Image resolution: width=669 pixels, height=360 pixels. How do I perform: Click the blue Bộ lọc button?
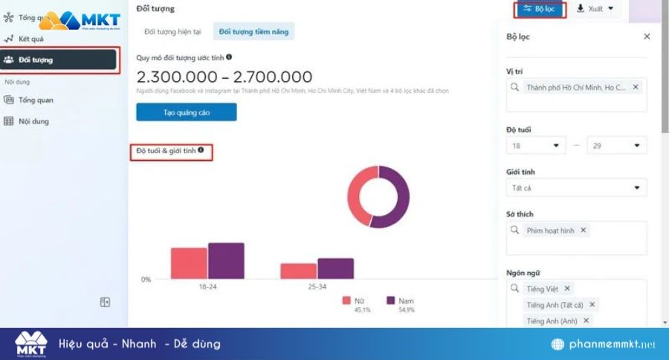[x=540, y=9]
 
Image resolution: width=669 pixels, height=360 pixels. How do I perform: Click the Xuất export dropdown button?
[x=595, y=9]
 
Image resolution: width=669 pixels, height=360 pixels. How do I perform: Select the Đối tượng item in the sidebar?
[x=59, y=60]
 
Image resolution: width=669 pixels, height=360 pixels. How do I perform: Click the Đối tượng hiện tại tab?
[x=173, y=31]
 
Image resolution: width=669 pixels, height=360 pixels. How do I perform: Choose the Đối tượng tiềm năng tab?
[x=253, y=31]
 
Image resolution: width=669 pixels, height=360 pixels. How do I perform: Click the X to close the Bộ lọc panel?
[x=647, y=36]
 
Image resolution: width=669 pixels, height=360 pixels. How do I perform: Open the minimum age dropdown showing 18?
[x=536, y=146]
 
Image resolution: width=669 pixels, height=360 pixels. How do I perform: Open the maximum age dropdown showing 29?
[x=616, y=146]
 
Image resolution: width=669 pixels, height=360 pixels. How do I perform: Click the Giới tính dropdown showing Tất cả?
[x=575, y=188]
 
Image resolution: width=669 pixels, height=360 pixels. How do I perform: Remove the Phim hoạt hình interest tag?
[x=584, y=231]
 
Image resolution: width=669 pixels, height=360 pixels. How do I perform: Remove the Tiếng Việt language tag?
[x=567, y=289]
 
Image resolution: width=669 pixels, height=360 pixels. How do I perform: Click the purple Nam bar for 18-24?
[x=226, y=260]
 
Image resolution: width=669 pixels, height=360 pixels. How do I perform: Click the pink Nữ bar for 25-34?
[x=298, y=271]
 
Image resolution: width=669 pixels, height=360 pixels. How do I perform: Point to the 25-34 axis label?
[x=317, y=287]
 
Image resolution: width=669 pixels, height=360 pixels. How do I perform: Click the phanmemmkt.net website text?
[x=610, y=345]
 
